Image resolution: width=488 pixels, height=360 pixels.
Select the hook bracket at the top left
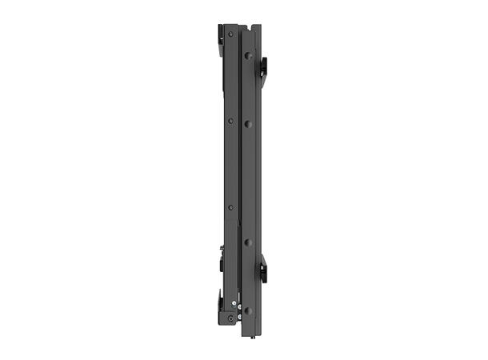pyautogui.click(x=220, y=35)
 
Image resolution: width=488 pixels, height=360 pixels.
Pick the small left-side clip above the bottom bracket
pyautogui.click(x=222, y=261)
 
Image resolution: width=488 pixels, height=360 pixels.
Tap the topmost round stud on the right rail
pyautogui.click(x=248, y=57)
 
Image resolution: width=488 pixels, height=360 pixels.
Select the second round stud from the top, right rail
pyautogui.click(x=248, y=124)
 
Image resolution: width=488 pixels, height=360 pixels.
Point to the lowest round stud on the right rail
pyautogui.click(x=248, y=310)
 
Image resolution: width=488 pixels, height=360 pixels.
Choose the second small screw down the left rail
pyautogui.click(x=231, y=121)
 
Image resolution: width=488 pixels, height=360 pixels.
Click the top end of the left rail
pyautogui.click(x=231, y=26)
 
